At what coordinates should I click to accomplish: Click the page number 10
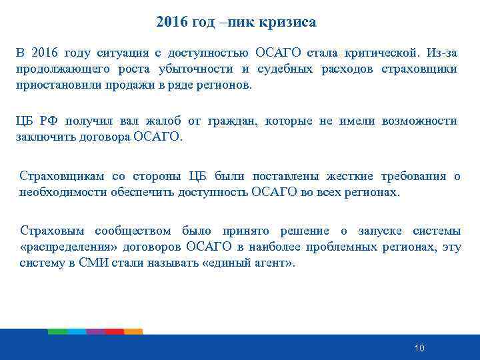click(419, 348)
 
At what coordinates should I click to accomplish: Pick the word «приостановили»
click(56, 86)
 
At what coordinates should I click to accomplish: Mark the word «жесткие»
click(351, 176)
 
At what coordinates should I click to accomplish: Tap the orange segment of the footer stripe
click(133, 331)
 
